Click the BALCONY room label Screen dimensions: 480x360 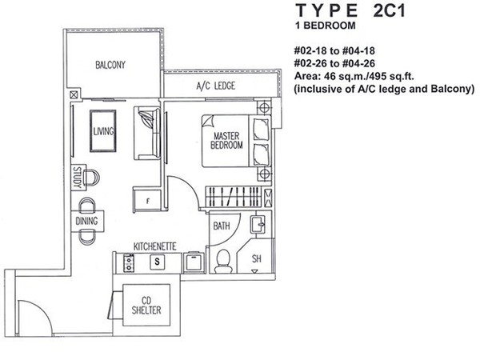click(x=110, y=65)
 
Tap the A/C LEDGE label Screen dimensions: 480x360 click(x=216, y=86)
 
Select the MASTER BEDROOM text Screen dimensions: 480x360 click(x=226, y=140)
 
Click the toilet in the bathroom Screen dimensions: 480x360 click(x=223, y=261)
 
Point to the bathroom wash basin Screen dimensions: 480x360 click(x=258, y=224)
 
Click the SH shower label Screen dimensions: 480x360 click(x=257, y=259)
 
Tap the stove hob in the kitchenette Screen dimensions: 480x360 click(x=129, y=262)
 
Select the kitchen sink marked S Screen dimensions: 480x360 click(x=157, y=262)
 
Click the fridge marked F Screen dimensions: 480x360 click(x=147, y=200)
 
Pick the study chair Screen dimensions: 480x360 click(x=91, y=178)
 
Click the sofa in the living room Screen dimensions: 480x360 click(x=147, y=133)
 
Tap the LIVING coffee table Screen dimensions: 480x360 click(x=103, y=131)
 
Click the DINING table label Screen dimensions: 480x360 click(x=86, y=221)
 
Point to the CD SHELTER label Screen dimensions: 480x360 click(x=146, y=306)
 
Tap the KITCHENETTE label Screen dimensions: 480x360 click(x=155, y=246)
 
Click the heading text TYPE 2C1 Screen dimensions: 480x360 click(x=351, y=10)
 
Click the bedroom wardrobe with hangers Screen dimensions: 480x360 click(x=234, y=196)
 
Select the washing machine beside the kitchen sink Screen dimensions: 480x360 click(x=194, y=262)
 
